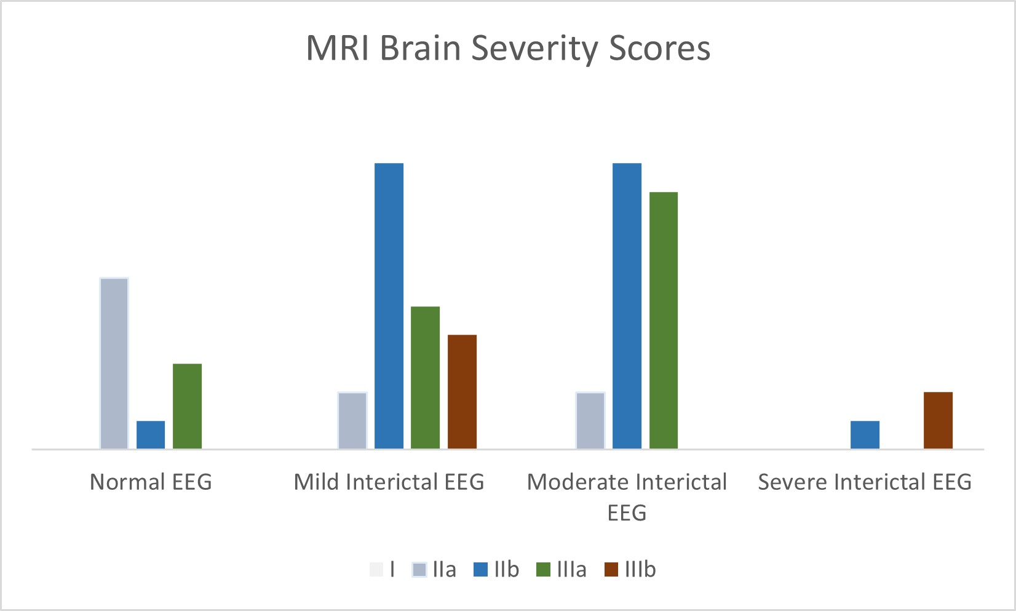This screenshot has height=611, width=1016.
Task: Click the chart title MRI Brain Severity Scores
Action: click(x=508, y=48)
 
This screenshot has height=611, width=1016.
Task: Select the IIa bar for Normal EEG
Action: click(x=114, y=363)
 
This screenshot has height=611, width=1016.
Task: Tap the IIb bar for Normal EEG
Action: click(x=151, y=434)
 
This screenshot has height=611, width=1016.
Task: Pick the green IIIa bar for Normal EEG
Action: click(x=187, y=406)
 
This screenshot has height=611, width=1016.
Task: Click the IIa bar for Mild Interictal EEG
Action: click(x=352, y=420)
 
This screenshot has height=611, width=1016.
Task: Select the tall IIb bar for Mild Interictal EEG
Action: click(x=389, y=306)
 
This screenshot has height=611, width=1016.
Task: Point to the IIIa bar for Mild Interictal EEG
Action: click(x=426, y=377)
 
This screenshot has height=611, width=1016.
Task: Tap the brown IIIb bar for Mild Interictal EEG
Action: click(x=462, y=391)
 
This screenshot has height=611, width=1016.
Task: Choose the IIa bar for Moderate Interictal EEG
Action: click(x=590, y=420)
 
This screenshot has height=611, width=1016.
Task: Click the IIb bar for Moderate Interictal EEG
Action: click(x=627, y=306)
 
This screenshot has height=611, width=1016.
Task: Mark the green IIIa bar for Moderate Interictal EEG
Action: click(x=664, y=320)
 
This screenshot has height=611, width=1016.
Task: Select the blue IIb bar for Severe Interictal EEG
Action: click(x=865, y=434)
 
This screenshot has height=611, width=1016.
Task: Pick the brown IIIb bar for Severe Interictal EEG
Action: click(x=938, y=420)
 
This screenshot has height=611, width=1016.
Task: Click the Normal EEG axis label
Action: click(x=151, y=482)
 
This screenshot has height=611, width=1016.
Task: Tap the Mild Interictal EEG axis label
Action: click(x=389, y=482)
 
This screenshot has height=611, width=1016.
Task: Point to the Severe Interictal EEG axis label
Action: click(x=865, y=482)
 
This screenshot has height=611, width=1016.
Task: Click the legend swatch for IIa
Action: click(x=419, y=570)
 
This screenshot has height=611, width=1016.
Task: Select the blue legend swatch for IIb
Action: click(x=480, y=570)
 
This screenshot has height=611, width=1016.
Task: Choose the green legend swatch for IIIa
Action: click(x=544, y=570)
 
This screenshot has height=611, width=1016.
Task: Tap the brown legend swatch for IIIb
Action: click(x=611, y=570)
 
